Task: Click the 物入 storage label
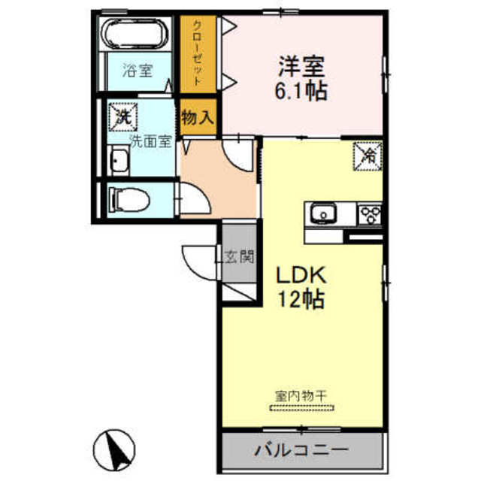click(198, 117)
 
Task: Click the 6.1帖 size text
click(303, 93)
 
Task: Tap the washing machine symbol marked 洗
click(123, 116)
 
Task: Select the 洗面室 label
click(151, 141)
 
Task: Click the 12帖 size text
click(302, 299)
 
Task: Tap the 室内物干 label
click(302, 395)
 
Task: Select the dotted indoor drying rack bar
click(302, 408)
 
